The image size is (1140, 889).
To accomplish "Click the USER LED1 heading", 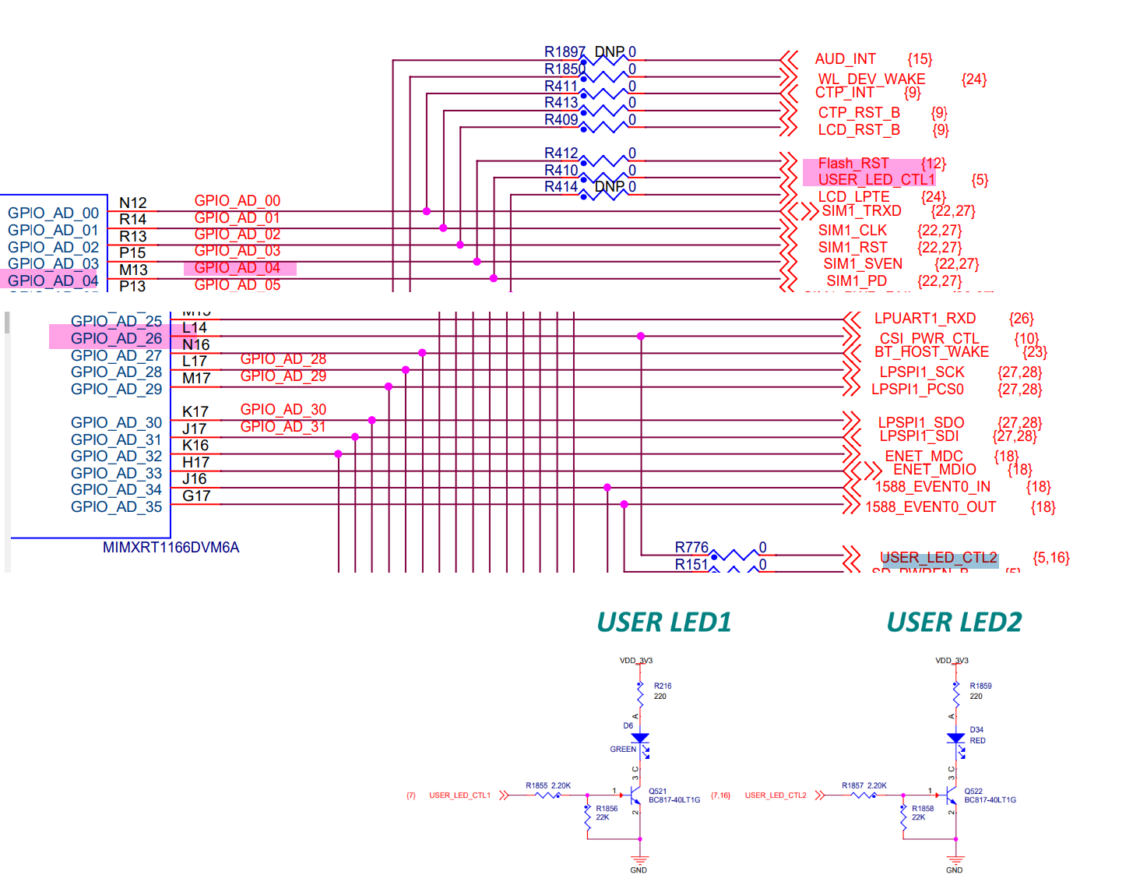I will pos(663,623).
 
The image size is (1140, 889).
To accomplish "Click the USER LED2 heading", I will pos(954,623).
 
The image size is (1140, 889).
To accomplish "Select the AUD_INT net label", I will pos(845,59).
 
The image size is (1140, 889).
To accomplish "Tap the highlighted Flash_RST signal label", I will pos(853,164).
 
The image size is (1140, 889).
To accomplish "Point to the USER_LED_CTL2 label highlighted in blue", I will pos(938,558).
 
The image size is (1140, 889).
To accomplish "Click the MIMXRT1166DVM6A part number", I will pos(171,548).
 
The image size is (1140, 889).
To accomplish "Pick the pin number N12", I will pos(133,203).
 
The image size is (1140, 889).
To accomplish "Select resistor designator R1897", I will pos(565,52).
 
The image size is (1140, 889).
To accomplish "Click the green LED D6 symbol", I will pos(640,738).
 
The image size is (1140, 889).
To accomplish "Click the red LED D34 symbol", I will pos(955,738).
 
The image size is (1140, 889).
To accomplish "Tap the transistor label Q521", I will pos(657,792).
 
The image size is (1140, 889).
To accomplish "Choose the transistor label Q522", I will pos(973,792).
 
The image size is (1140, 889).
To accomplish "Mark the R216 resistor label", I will pos(663,686).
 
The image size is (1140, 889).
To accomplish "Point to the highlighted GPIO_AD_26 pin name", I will pos(116,339).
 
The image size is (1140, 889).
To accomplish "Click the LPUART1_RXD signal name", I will pos(924,319).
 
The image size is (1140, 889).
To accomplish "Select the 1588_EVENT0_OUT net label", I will pos(931,507).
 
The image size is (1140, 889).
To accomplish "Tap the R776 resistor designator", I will pos(691,548).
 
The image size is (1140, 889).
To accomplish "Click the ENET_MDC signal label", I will pos(924,457).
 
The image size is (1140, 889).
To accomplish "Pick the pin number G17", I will pos(196,496).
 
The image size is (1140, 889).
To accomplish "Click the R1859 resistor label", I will pos(980,686).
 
